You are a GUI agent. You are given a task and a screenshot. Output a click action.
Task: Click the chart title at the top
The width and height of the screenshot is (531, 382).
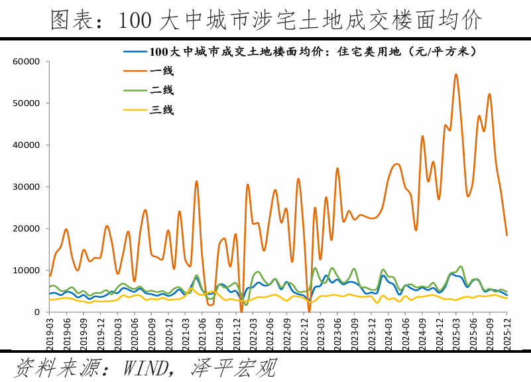pyautogui.click(x=265, y=19)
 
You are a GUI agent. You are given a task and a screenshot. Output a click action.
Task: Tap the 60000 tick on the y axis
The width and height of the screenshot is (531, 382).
pyautogui.click(x=27, y=62)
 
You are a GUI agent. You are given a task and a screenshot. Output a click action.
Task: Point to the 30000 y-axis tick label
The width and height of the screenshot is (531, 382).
pyautogui.click(x=27, y=187)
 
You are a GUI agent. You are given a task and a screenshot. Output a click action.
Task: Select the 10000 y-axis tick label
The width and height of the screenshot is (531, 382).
pyautogui.click(x=27, y=271)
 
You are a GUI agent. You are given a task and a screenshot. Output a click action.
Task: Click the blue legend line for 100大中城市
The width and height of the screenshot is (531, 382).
pyautogui.click(x=135, y=51)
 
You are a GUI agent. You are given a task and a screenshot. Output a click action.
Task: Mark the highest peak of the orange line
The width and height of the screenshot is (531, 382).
pyautogui.click(x=456, y=74)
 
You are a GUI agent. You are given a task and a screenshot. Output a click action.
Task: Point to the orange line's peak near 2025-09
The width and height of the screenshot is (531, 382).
pyautogui.click(x=490, y=94)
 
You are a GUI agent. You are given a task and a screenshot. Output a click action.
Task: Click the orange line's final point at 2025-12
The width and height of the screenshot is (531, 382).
pyautogui.click(x=507, y=235)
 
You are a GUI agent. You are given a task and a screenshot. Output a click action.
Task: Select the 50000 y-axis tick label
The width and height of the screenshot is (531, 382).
pyautogui.click(x=27, y=103)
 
